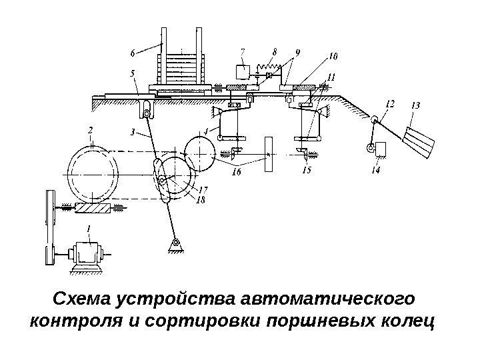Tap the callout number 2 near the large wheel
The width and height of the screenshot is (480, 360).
pyautogui.click(x=90, y=130)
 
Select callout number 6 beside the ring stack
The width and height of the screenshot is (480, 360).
pyautogui.click(x=133, y=51)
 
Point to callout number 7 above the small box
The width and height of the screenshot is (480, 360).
pyautogui.click(x=242, y=50)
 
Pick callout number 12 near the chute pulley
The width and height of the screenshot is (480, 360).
pyautogui.click(x=390, y=104)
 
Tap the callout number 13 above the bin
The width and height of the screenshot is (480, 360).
pyautogui.click(x=415, y=105)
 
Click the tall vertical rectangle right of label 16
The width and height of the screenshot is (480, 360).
pyautogui.click(x=269, y=155)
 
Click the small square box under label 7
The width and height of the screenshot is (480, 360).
pyautogui.click(x=241, y=71)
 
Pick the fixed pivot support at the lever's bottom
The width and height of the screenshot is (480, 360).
pyautogui.click(x=175, y=247)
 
